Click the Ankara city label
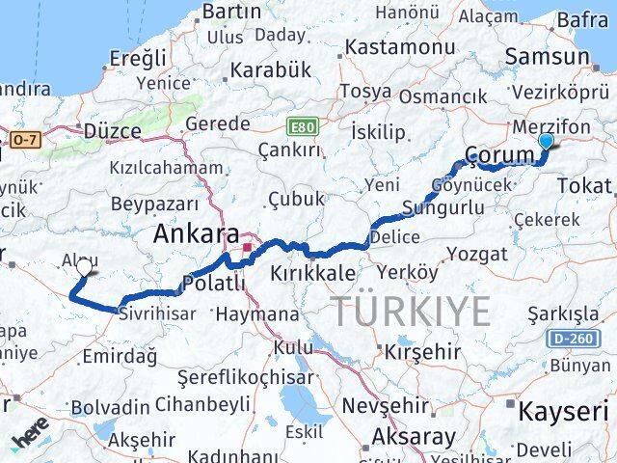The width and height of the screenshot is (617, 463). pyautogui.click(x=196, y=234)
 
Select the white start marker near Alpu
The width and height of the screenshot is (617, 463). pyautogui.click(x=85, y=267)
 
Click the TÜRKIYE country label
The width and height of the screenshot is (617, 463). pyautogui.click(x=411, y=311)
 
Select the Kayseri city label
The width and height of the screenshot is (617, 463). pyautogui.click(x=564, y=412)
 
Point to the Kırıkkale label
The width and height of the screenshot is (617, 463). pyautogui.click(x=313, y=273)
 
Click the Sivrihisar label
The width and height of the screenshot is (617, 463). pyautogui.click(x=157, y=313)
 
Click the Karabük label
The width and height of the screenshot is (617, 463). pyautogui.click(x=270, y=71)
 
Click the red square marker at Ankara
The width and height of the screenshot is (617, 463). pyautogui.click(x=248, y=247)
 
